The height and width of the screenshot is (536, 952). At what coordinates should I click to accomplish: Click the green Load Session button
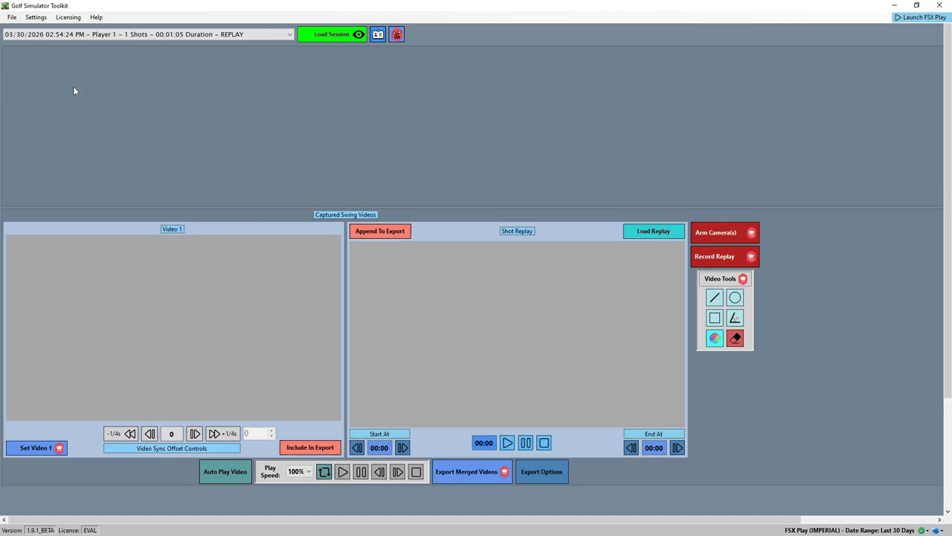click(x=332, y=34)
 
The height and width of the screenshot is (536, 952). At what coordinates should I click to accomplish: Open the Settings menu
click(x=36, y=17)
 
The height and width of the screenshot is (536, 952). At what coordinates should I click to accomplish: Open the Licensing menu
click(x=68, y=17)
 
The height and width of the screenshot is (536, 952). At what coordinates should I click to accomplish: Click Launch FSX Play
click(x=921, y=17)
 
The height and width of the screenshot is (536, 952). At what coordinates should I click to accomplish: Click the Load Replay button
click(x=654, y=232)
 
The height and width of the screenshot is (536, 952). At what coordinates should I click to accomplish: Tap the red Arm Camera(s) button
click(x=725, y=233)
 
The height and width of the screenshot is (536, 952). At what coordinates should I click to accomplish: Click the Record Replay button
click(x=725, y=257)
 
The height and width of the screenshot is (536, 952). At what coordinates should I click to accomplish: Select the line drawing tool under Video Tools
click(x=715, y=298)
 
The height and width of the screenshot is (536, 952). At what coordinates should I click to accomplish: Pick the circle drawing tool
click(x=735, y=298)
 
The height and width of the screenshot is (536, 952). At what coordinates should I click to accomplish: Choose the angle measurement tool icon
click(x=735, y=318)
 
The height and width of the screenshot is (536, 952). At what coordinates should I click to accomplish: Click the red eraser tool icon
click(x=735, y=338)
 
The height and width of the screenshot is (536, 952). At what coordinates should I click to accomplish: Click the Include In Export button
click(x=310, y=447)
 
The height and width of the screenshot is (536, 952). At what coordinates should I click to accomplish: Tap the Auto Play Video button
click(x=225, y=472)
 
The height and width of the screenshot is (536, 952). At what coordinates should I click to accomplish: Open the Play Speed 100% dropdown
click(x=300, y=472)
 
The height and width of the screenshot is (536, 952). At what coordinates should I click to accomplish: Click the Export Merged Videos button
click(x=472, y=472)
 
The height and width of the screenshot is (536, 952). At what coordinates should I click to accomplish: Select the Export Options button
click(x=542, y=472)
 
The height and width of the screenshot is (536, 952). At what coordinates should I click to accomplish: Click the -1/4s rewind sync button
click(x=121, y=434)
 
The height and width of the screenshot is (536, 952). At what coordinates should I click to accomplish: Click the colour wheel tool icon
click(x=715, y=338)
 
